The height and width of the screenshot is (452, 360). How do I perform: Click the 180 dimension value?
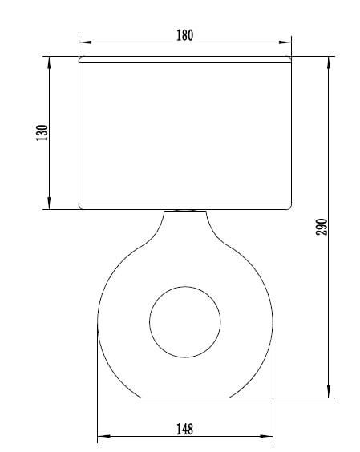pos(184,35)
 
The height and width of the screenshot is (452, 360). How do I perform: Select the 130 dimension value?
pos(42,132)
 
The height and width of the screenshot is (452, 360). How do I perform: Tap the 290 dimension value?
pos(322,227)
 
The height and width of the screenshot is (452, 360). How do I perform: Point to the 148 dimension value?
pos(184,429)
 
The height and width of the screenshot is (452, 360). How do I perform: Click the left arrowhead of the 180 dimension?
pos(83,42)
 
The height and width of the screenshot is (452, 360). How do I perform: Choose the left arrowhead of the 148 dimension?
pos(102,438)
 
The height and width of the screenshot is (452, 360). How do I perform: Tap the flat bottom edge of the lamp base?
pos(184,398)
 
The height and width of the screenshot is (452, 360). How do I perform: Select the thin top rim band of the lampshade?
pos(184,59)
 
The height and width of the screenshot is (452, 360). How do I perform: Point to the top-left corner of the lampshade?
pos(79,57)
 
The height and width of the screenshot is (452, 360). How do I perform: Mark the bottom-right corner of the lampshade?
pos(289,208)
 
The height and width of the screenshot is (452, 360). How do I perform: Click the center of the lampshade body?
pos(184,132)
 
